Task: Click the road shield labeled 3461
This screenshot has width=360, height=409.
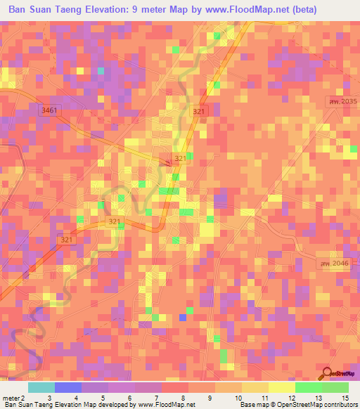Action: click(x=49, y=110)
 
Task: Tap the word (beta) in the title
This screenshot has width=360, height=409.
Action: click(x=299, y=10)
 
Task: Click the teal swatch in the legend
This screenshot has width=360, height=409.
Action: click(x=41, y=387)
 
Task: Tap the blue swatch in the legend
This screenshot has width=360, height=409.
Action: click(x=68, y=387)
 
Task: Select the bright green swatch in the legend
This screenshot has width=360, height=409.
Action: click(x=308, y=387)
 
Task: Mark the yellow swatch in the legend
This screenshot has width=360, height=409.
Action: click(x=281, y=387)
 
